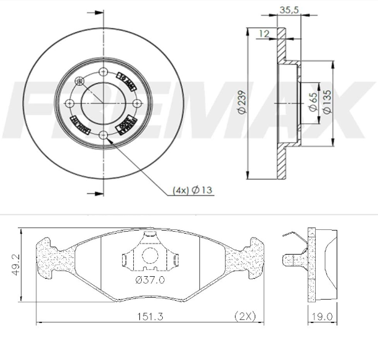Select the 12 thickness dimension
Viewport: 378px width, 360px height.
(264, 33)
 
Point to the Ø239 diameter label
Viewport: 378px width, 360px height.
(242, 102)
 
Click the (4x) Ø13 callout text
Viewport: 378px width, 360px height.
(192, 190)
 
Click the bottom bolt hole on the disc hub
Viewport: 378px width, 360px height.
(103, 134)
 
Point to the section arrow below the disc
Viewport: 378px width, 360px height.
(94, 194)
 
